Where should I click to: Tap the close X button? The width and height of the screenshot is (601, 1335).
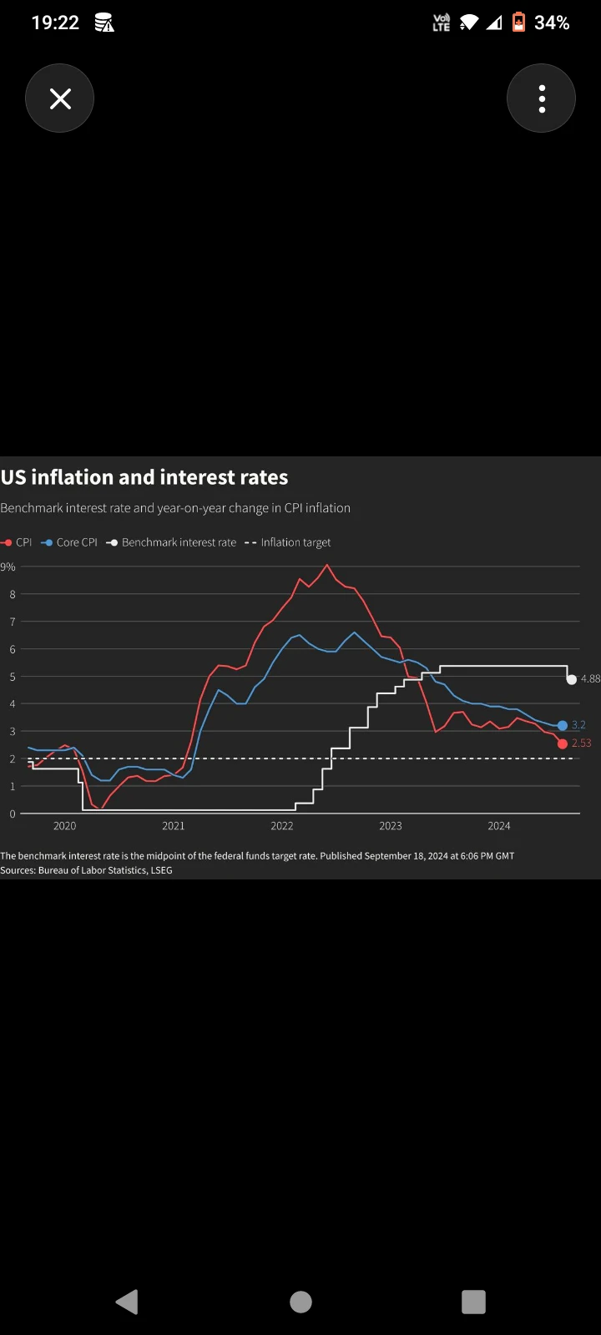coord(59,98)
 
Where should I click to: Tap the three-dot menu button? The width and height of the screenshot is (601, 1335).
coord(542,98)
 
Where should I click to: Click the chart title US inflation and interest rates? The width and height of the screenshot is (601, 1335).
coord(144,477)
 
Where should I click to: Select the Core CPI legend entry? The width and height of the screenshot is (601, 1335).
coord(69,542)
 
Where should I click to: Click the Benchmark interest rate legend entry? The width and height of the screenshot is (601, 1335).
coord(171,542)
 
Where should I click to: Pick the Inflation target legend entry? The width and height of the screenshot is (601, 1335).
coord(287,542)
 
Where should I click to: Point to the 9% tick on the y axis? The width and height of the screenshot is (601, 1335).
coord(8,567)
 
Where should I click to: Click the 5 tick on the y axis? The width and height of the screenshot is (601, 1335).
coord(12,677)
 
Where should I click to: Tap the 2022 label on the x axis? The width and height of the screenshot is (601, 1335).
coord(282,826)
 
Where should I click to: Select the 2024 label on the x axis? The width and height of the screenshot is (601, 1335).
coord(499,826)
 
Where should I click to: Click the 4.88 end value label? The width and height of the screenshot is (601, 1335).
coord(590,679)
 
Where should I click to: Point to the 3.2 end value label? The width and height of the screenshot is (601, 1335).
coord(578,725)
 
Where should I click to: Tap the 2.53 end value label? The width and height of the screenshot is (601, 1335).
coord(581,743)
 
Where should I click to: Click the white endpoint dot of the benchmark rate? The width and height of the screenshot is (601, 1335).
coord(571,679)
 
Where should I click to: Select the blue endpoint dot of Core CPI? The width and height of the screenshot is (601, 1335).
coord(563,725)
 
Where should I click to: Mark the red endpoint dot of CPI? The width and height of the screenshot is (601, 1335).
coord(563,743)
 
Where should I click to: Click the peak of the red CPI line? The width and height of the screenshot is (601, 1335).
coord(326,564)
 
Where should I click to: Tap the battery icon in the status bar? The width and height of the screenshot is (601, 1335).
coord(518,22)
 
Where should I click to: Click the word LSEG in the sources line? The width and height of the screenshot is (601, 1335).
coord(161,870)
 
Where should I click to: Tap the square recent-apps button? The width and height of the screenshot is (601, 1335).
coord(473,1302)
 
